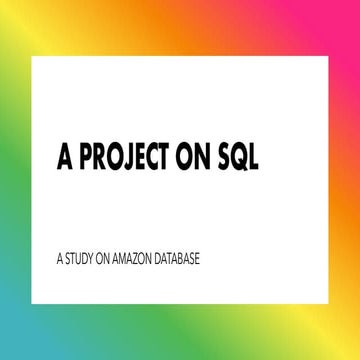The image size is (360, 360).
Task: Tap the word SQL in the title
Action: click(x=240, y=159)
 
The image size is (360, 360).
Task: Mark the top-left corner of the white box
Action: click(x=31, y=55)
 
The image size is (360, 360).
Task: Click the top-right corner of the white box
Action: click(x=328, y=55)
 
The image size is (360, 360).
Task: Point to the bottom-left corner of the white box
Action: click(x=31, y=302)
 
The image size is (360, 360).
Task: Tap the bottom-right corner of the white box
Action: click(x=328, y=302)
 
